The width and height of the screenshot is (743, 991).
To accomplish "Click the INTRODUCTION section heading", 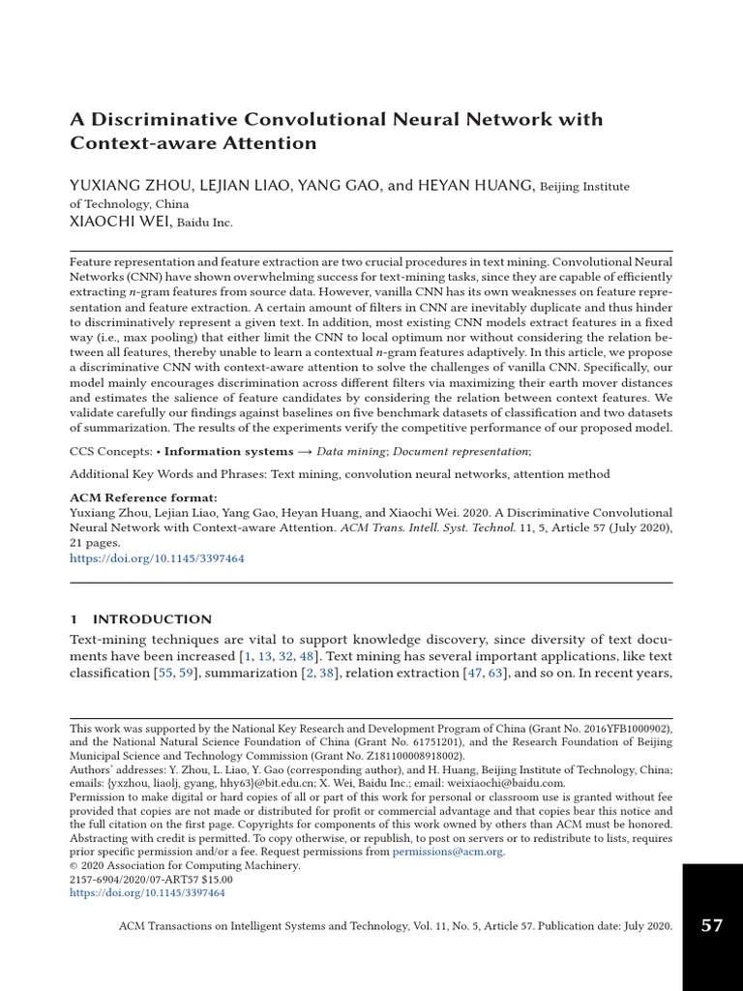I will pos(152,619).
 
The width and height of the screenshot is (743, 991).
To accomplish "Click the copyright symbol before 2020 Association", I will pos(74,866).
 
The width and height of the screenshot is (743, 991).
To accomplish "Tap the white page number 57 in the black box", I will pos(712,926).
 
